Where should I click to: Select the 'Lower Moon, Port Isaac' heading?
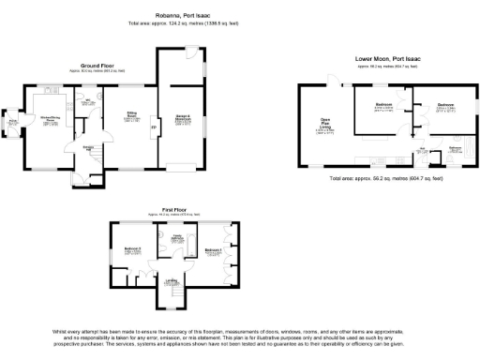(x=388, y=59)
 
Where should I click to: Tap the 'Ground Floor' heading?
(x=104, y=65)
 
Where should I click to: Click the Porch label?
(x=13, y=121)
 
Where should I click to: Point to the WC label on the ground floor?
(x=86, y=100)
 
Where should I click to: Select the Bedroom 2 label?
(x=130, y=248)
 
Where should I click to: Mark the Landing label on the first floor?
(x=172, y=279)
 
